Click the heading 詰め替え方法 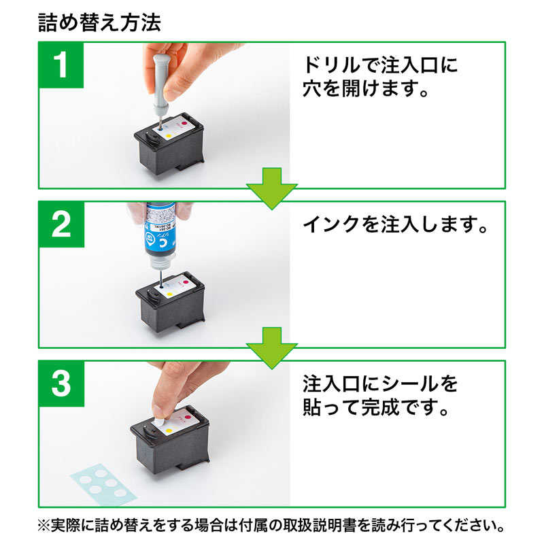click(99, 22)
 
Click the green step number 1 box click(61, 65)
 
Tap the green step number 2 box click(61, 224)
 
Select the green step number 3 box click(61, 384)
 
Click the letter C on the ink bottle click(152, 238)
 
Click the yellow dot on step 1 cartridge click(169, 136)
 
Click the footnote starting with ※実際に click(272, 526)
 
